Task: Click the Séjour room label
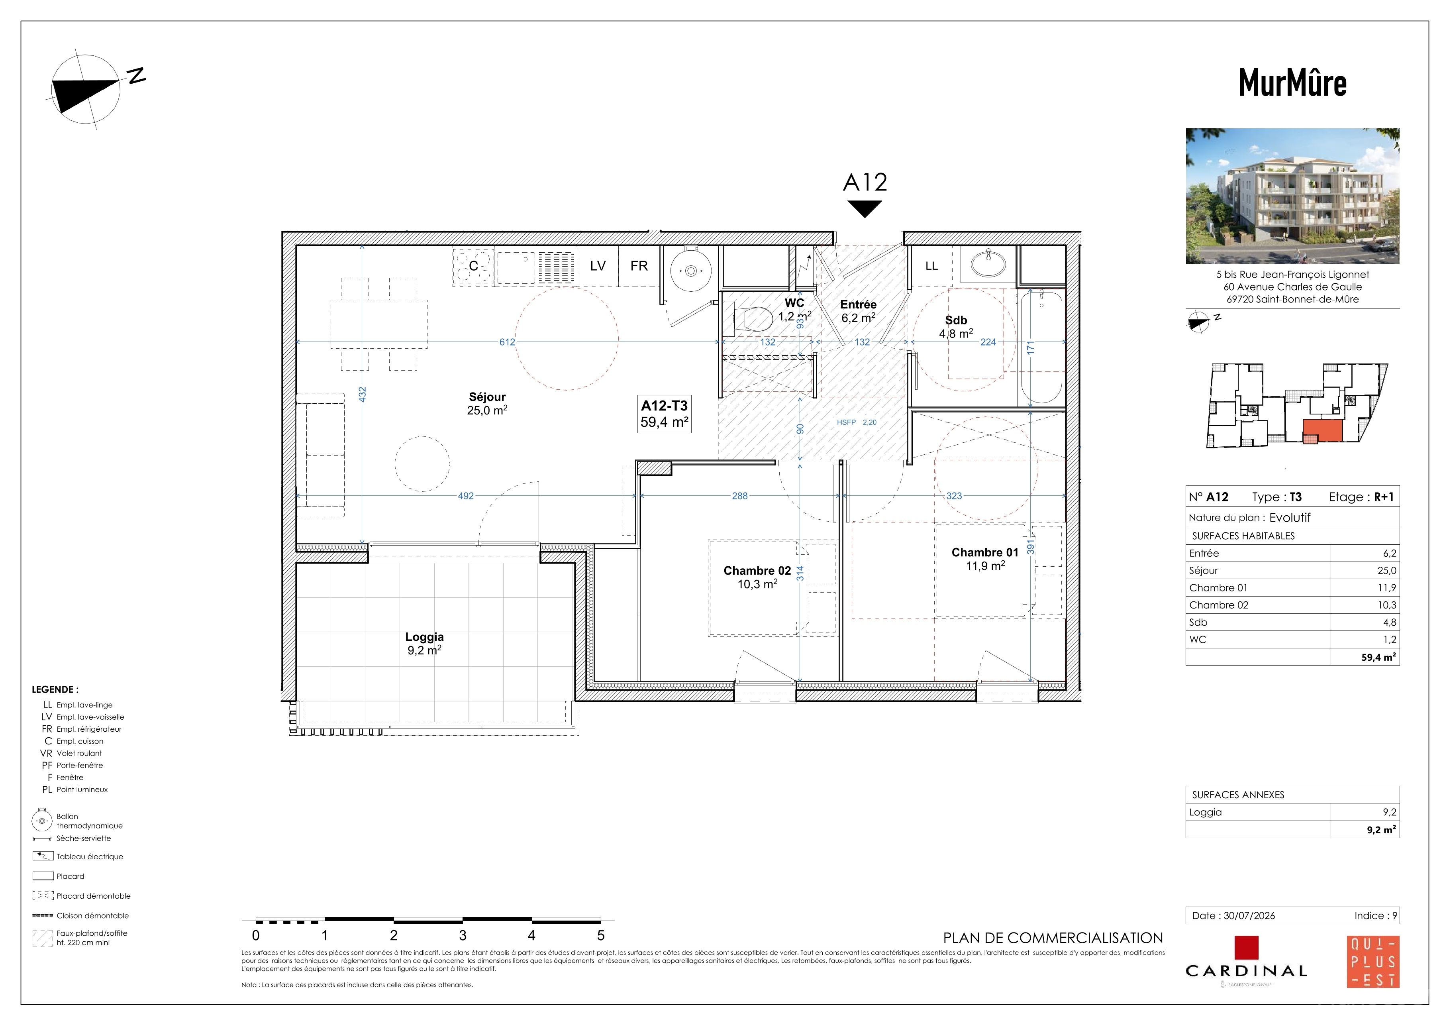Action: [x=487, y=397]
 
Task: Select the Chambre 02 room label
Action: [x=757, y=571]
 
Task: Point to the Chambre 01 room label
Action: [x=985, y=552]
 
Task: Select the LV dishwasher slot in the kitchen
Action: [x=598, y=266]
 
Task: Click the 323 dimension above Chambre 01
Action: [x=954, y=496]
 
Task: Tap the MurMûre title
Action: [x=1292, y=82]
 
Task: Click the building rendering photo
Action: [x=1292, y=196]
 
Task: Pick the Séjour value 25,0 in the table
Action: [x=1386, y=571]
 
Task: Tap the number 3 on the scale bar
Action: [x=463, y=935]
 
